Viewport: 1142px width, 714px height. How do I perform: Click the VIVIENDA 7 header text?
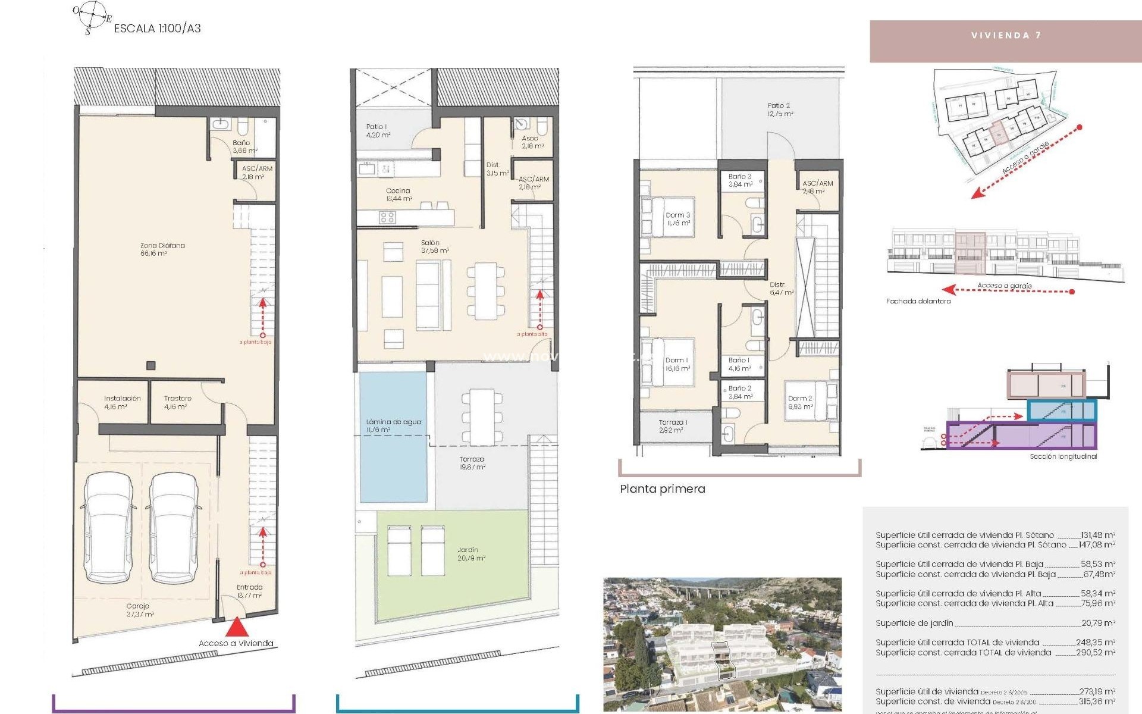click(1006, 36)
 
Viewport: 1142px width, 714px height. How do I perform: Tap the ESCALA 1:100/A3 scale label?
click(157, 28)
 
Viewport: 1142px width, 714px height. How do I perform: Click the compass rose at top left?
click(92, 16)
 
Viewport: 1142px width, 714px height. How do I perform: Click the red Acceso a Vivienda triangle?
click(237, 627)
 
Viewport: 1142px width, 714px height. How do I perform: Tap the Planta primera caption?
click(662, 489)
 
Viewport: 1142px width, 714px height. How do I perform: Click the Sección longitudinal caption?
click(1063, 456)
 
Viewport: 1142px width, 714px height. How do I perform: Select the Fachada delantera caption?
click(918, 301)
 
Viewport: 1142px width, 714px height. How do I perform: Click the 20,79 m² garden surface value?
click(1097, 623)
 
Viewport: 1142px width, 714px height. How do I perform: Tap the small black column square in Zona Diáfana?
click(151, 365)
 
